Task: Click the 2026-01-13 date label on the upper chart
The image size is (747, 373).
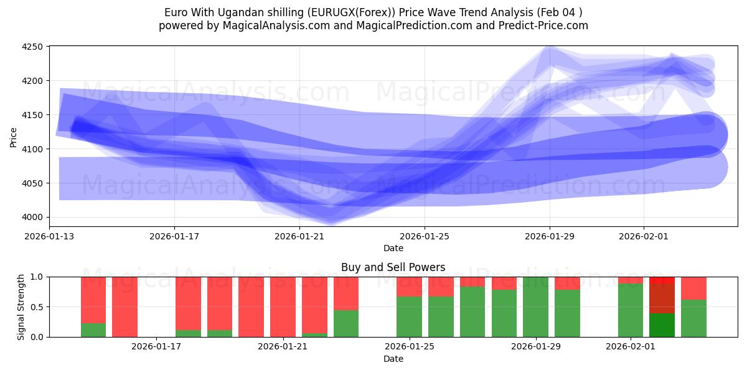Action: click(49, 236)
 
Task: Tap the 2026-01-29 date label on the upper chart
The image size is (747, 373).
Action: click(550, 236)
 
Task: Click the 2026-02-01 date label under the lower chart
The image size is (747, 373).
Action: click(631, 347)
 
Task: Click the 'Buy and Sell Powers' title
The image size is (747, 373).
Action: click(393, 267)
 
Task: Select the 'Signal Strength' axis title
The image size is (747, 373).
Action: click(21, 306)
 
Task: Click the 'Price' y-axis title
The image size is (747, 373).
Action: click(14, 136)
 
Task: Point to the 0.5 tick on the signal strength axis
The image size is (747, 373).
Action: click(36, 307)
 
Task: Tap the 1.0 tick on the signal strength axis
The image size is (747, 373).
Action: click(36, 277)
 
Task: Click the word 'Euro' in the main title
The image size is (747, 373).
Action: click(175, 12)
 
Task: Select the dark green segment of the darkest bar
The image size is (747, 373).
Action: click(662, 325)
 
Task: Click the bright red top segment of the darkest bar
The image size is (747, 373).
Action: click(662, 280)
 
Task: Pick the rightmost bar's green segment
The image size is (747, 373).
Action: click(693, 318)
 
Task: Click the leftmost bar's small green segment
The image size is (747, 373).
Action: click(93, 330)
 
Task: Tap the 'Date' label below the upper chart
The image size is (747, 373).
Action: click(393, 248)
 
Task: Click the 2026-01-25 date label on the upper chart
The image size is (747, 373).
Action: click(425, 236)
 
